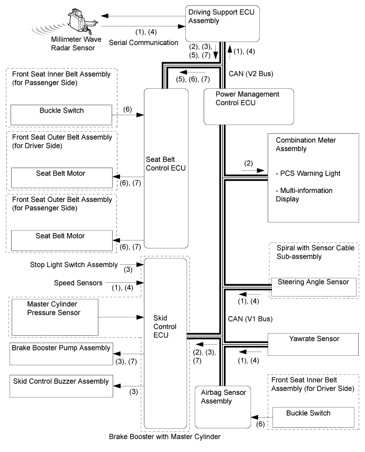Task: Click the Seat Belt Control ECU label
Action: (x=166, y=164)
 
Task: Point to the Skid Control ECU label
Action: (x=165, y=327)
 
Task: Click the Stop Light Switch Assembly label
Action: (x=74, y=265)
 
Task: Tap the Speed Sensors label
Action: (x=78, y=283)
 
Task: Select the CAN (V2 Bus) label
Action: (x=251, y=74)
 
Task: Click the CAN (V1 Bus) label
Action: (x=250, y=319)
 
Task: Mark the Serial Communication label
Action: (x=143, y=43)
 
